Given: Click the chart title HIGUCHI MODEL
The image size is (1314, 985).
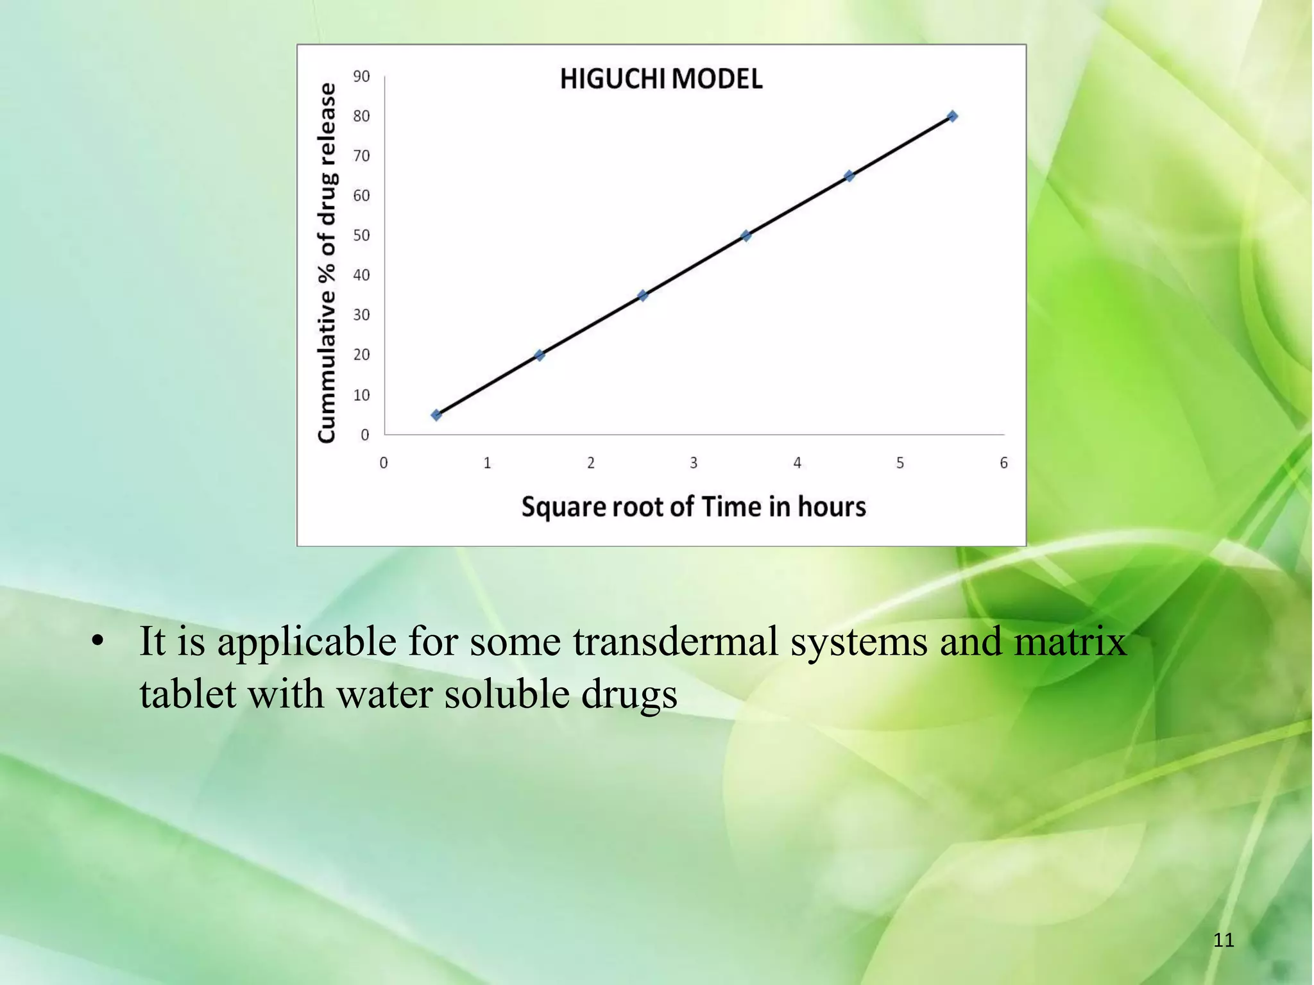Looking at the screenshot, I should [661, 80].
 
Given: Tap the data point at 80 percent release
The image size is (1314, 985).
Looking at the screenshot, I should [952, 116].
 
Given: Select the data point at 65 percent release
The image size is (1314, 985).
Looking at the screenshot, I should [849, 176].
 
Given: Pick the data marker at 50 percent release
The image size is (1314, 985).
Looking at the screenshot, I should [746, 235].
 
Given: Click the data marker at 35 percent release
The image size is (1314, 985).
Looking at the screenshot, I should [642, 296].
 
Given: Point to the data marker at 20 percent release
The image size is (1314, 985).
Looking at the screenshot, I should [539, 355].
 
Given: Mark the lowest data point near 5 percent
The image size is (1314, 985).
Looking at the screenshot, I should [436, 415].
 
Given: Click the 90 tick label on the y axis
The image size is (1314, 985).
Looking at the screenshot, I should [361, 77].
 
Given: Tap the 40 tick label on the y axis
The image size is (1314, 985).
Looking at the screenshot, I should [361, 276].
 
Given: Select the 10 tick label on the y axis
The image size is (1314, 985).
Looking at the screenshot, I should [361, 395].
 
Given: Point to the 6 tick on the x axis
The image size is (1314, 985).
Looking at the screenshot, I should [1003, 463].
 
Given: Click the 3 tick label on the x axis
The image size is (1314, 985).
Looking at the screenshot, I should [694, 463].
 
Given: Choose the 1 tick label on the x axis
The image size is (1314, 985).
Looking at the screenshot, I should [487, 463].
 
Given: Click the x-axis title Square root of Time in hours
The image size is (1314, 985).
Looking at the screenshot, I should [694, 507].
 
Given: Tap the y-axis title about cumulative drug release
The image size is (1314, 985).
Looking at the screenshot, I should [327, 263].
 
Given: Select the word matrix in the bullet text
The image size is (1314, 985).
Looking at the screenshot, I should [1070, 641].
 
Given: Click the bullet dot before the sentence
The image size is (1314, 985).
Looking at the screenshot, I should [98, 641].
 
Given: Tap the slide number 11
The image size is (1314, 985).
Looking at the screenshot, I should [1224, 940].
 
